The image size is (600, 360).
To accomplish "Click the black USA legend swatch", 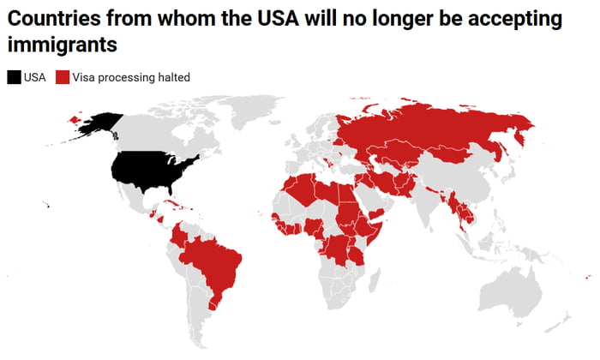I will (x=15, y=77).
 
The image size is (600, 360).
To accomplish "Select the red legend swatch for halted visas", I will (x=62, y=77).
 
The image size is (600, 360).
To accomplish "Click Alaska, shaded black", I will (x=99, y=125).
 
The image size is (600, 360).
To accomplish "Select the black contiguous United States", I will (x=154, y=170).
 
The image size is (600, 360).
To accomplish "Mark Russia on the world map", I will (x=429, y=129).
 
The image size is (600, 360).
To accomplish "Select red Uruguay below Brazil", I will (x=216, y=303).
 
